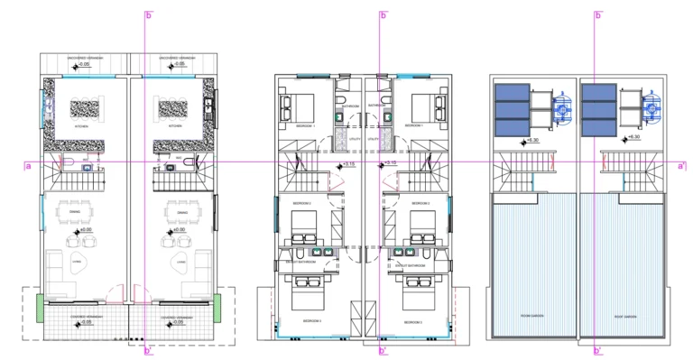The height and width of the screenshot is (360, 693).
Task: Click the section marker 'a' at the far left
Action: tap(28, 166)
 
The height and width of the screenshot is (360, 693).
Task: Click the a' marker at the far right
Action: tap(683, 166)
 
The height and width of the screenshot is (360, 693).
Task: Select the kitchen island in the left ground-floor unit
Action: tap(87, 107)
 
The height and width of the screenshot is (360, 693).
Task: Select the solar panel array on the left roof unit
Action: tap(511, 110)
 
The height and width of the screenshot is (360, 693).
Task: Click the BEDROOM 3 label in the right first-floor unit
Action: tap(413, 321)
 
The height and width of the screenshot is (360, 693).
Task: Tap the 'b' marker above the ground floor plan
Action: tap(149, 15)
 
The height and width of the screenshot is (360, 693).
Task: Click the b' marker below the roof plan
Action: tap(598, 350)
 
